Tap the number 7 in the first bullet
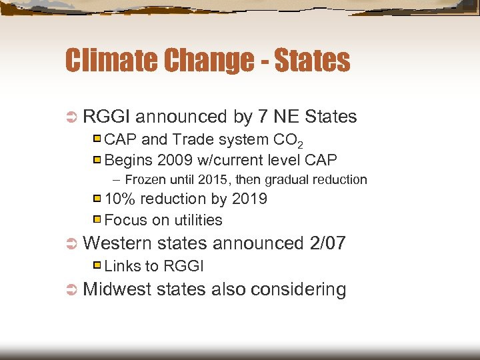click(x=263, y=117)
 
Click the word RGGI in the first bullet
click(x=107, y=117)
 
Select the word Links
click(x=123, y=266)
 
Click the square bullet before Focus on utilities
click(x=97, y=219)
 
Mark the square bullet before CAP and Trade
click(x=97, y=139)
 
